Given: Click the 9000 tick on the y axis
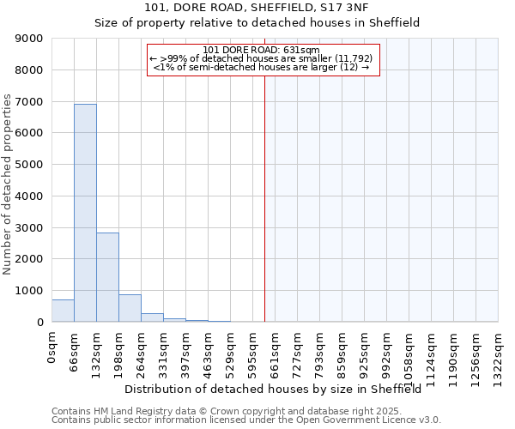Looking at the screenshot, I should pyautogui.click(x=32, y=39).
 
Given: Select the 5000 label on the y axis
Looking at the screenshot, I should pyautogui.click(x=32, y=165).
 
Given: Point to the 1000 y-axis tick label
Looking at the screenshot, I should pyautogui.click(x=32, y=291).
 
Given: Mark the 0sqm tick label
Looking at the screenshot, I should pyautogui.click(x=51, y=347).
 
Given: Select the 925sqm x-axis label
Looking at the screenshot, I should pyautogui.click(x=364, y=350).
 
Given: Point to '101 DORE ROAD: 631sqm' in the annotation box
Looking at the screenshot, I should pyautogui.click(x=263, y=50).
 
